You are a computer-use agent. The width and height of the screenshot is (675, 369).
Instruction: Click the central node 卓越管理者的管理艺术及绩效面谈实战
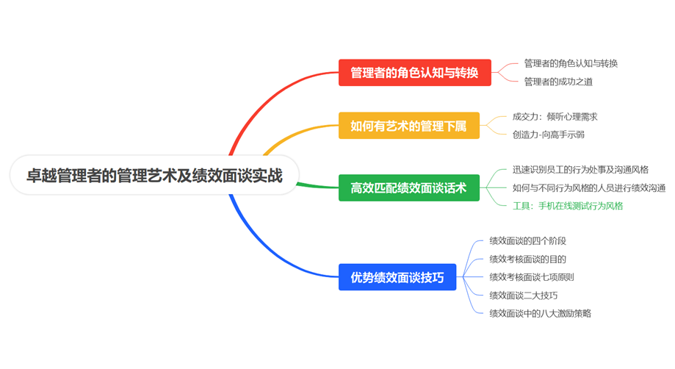(154, 175)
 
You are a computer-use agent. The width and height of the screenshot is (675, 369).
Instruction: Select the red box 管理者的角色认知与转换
(414, 73)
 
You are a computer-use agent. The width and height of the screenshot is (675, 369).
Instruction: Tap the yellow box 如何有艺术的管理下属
(408, 126)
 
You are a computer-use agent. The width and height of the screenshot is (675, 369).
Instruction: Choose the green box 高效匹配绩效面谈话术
(408, 187)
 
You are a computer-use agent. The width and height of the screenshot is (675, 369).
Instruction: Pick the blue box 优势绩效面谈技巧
(397, 277)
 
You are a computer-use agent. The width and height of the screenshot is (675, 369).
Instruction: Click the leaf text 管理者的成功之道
(558, 82)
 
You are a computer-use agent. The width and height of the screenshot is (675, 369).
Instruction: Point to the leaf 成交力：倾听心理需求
(555, 116)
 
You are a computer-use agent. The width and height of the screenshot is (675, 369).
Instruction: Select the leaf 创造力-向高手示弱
(548, 135)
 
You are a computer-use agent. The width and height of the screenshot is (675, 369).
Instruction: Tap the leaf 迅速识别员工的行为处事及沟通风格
(580, 169)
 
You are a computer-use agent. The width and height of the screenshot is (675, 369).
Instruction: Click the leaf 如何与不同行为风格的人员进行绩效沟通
(588, 187)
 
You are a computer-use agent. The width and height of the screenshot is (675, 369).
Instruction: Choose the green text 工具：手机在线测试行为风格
(567, 206)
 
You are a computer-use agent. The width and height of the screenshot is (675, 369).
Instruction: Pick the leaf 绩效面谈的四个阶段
(527, 240)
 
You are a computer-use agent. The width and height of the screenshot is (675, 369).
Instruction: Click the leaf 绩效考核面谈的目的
(527, 259)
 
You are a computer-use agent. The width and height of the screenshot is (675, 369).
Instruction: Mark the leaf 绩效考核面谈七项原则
(532, 277)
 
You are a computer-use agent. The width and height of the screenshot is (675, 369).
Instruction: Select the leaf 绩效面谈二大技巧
(523, 295)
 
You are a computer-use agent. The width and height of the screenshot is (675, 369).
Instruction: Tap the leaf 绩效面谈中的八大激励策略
(540, 313)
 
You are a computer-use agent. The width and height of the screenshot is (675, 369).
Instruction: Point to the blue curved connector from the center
(257, 243)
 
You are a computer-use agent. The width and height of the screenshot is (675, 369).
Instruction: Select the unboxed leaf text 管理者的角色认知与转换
(571, 63)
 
